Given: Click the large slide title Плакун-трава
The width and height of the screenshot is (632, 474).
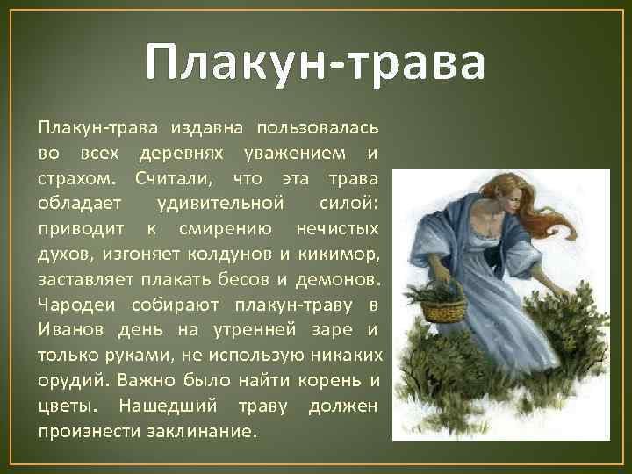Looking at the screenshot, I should tap(315, 63).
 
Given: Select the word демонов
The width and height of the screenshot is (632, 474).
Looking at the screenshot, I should tap(343, 280).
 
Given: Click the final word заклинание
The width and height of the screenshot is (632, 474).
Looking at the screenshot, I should tap(205, 432).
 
